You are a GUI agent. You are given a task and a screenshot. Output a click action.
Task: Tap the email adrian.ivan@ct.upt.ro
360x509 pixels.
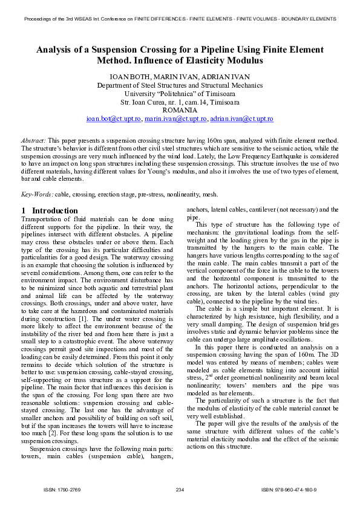[x=241, y=120]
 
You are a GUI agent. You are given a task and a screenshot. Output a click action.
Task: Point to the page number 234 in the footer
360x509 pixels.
[x=180, y=489]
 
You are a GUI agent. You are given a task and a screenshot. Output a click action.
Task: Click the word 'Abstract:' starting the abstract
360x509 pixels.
[x=33, y=140]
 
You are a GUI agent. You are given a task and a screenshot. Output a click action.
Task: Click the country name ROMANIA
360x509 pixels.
[x=180, y=111]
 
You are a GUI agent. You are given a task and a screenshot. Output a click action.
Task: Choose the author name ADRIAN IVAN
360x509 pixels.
[x=227, y=77]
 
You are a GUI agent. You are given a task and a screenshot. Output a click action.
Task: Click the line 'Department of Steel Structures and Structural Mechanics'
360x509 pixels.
[x=180, y=85]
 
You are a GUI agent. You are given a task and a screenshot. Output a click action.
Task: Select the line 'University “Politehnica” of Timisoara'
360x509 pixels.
[x=180, y=94]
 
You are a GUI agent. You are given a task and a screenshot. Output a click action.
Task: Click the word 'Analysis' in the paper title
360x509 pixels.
[x=56, y=50]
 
